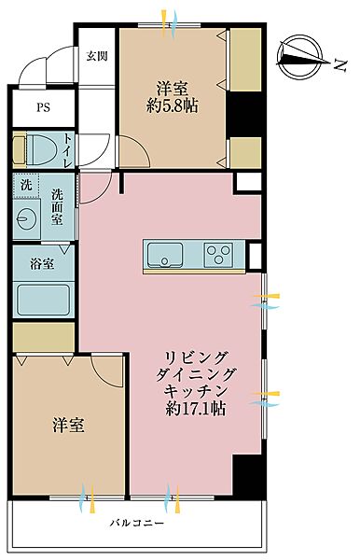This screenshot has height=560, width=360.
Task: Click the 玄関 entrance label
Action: click(97, 55)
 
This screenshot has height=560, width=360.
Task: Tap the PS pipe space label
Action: click(43, 107)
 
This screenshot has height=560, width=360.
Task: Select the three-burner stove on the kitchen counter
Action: click(220, 254)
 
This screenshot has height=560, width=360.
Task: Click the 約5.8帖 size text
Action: click(173, 107)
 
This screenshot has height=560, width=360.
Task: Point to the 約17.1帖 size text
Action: click(197, 408)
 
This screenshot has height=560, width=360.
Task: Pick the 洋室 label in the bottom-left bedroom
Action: click(68, 426)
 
